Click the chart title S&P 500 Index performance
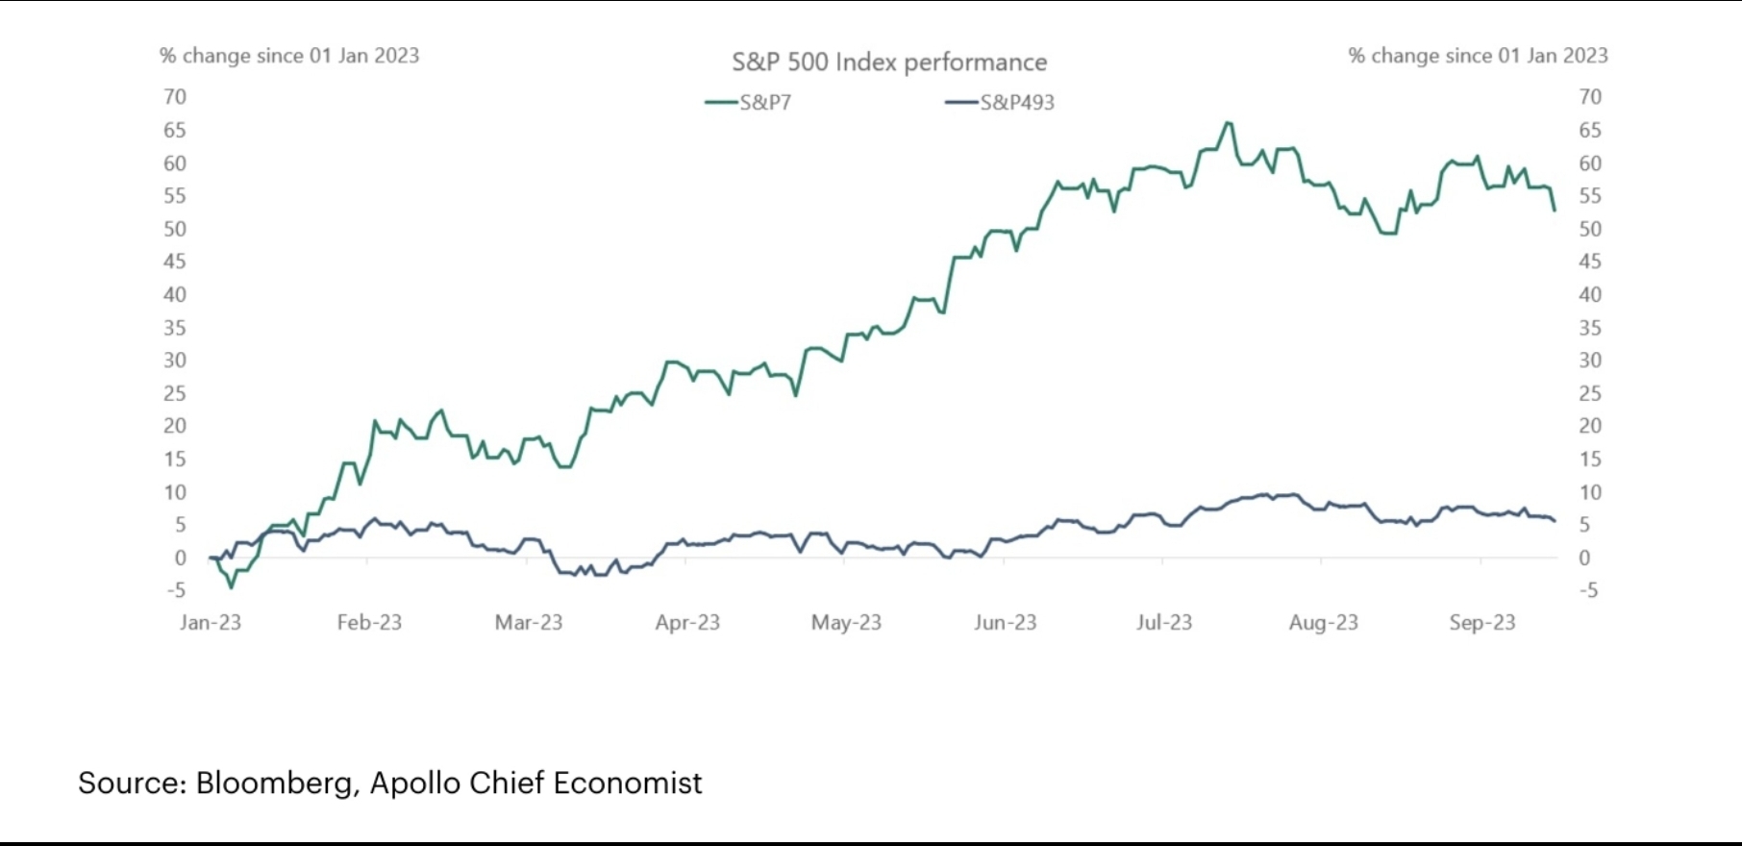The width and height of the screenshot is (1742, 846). (889, 62)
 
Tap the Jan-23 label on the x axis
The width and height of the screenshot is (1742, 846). (211, 623)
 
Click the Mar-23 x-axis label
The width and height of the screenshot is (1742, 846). (529, 623)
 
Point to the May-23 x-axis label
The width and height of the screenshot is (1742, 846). (846, 623)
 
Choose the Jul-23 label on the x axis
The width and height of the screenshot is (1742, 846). (1164, 623)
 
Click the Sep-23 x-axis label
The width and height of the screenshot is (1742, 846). (1482, 623)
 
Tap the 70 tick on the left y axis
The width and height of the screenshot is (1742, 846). (175, 97)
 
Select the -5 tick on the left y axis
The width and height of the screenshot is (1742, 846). (175, 590)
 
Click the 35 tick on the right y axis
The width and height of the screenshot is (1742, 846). (1590, 328)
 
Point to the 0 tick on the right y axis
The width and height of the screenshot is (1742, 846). (1584, 558)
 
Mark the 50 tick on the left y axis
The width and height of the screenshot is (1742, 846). (175, 229)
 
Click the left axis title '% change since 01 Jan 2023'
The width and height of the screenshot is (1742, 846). (289, 56)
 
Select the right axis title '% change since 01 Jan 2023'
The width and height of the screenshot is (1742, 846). (1478, 56)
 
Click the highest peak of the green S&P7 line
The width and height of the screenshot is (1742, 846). (1228, 123)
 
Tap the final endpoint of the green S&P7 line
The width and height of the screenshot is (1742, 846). (1555, 211)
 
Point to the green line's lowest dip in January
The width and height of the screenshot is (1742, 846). (231, 587)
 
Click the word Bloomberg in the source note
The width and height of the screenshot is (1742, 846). (274, 784)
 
